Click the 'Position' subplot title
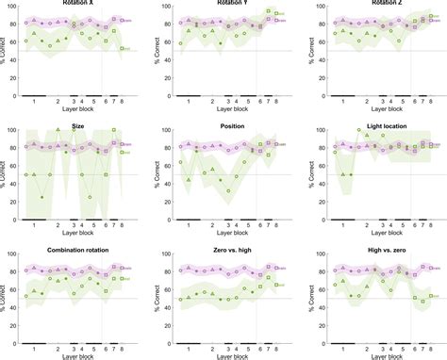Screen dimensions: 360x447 point(231,124)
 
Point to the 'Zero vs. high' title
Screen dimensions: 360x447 point(231,250)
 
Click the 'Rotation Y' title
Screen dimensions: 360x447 point(231,3)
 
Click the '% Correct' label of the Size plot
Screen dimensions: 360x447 point(4,175)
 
